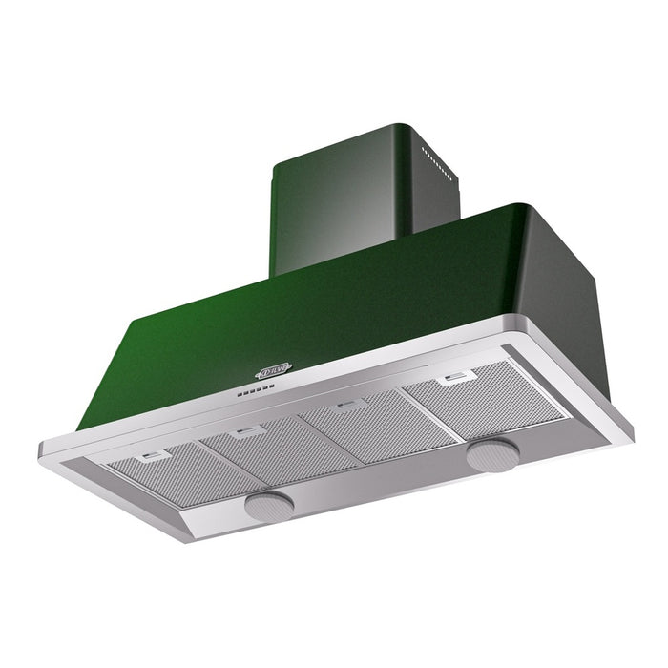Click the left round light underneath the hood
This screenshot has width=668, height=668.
[x=269, y=505]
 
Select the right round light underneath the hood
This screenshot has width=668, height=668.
[x=492, y=454]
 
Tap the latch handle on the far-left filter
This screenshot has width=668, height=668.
[x=148, y=458]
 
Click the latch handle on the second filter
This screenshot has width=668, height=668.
[x=250, y=432]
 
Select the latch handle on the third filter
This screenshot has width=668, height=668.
[x=349, y=406]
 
